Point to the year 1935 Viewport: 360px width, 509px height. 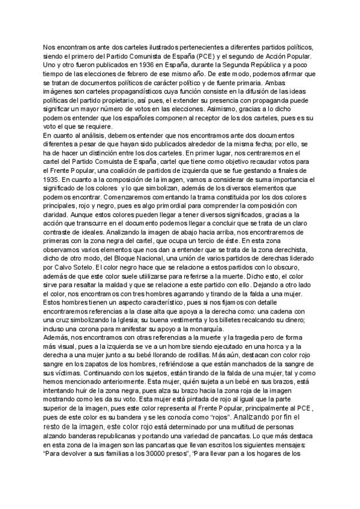53,179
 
